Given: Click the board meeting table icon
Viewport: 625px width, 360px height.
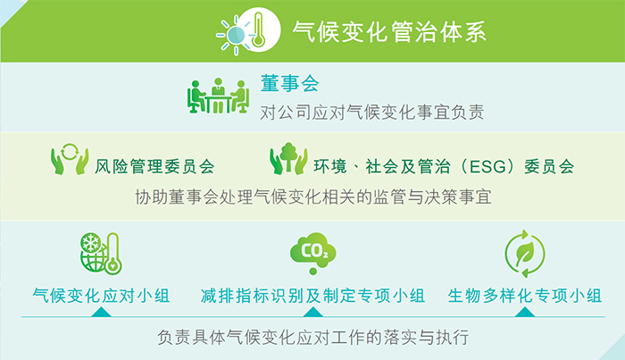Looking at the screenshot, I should click(x=218, y=96).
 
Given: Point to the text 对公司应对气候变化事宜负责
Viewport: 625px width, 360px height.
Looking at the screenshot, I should click(x=371, y=113).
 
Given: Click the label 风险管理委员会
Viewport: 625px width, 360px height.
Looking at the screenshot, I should click(x=154, y=166).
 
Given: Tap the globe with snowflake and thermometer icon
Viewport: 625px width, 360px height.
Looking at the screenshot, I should click(x=99, y=254).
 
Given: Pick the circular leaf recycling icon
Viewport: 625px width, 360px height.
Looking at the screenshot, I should click(x=522, y=251).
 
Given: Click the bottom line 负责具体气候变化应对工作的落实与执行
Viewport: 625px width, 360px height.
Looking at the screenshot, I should click(x=312, y=338).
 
